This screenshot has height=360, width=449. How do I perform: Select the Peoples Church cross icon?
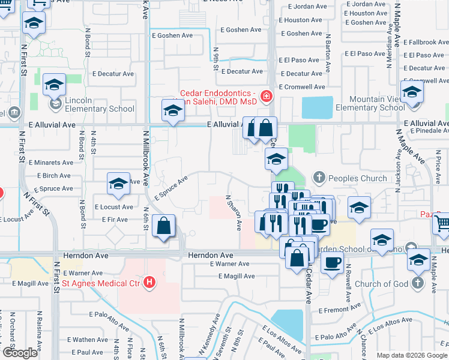pos(319,178)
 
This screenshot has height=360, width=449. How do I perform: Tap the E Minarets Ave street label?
pos(50,163)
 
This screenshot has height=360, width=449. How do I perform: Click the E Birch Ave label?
pos(54,176)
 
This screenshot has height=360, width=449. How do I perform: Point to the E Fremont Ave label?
pos(339,310)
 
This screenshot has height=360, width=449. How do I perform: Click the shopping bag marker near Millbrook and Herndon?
pos(163,226)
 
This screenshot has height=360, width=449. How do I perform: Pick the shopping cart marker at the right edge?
pos(442,223)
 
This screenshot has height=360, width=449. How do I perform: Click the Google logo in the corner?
pos(20,353)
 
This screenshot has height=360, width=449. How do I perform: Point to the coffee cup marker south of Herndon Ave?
pos(332,262)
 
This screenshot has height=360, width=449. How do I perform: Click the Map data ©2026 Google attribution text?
pos(412,355)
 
